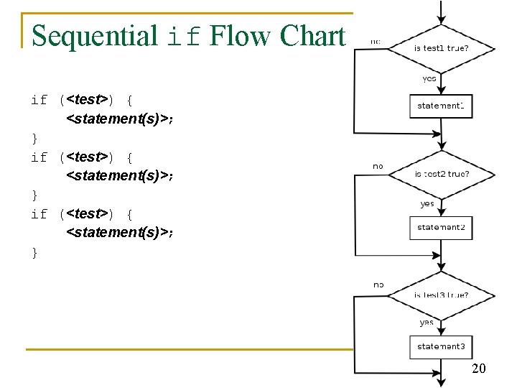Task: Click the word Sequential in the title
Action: click(x=95, y=36)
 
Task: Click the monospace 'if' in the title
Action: click(x=183, y=36)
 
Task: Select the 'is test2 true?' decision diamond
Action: click(x=442, y=173)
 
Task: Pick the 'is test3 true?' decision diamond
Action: click(x=442, y=295)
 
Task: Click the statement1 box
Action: click(x=441, y=106)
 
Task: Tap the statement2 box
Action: click(x=441, y=228)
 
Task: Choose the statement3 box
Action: click(x=441, y=346)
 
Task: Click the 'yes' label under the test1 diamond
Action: click(x=429, y=79)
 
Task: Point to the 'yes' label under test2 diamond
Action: click(x=427, y=203)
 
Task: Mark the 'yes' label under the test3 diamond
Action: click(x=427, y=322)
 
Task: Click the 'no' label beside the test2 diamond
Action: click(x=378, y=166)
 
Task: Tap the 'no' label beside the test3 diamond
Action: click(x=378, y=285)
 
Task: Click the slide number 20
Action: click(x=479, y=369)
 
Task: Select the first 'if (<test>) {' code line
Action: click(x=81, y=100)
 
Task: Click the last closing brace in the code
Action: click(x=34, y=252)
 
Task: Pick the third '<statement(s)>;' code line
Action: click(x=120, y=232)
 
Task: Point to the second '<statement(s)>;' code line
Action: click(x=120, y=175)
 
